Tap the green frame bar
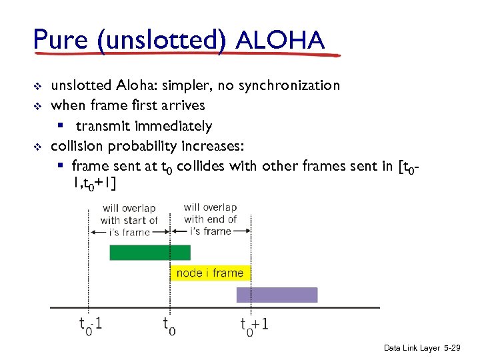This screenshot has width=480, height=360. [x=149, y=253]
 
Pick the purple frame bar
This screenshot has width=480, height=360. [x=277, y=295]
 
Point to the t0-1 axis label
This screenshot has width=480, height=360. [x=91, y=325]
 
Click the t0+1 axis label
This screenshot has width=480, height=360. [x=255, y=325]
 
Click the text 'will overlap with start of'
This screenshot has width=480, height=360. [x=129, y=214]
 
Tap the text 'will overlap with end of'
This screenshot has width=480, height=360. [x=210, y=213]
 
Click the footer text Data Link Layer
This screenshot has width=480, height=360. [x=411, y=348]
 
